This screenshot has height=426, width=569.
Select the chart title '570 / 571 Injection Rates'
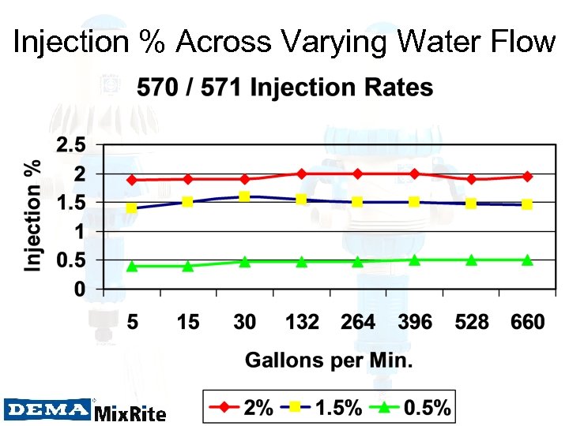pos(284,88)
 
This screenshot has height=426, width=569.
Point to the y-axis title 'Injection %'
pos(32,218)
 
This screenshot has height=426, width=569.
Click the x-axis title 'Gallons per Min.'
pos(329,361)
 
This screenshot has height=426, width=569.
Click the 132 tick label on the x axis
pos(301,322)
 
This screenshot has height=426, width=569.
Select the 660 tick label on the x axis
pos(527,322)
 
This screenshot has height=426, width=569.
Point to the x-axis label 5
pos(132,322)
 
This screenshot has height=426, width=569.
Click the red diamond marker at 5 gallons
pos(132,180)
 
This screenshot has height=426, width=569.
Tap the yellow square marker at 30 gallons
pos(244,196)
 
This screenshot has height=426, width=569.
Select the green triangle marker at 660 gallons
pos(527,260)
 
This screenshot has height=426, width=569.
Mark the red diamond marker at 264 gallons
pos(357,174)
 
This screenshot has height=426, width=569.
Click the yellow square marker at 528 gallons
pos(471,204)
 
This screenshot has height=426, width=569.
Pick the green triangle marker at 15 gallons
pos(188,266)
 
